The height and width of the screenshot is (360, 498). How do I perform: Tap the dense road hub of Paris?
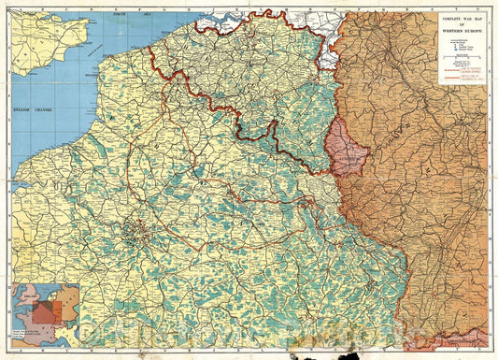pos(139,227)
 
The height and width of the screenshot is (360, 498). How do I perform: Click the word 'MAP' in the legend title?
pos(478,17)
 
